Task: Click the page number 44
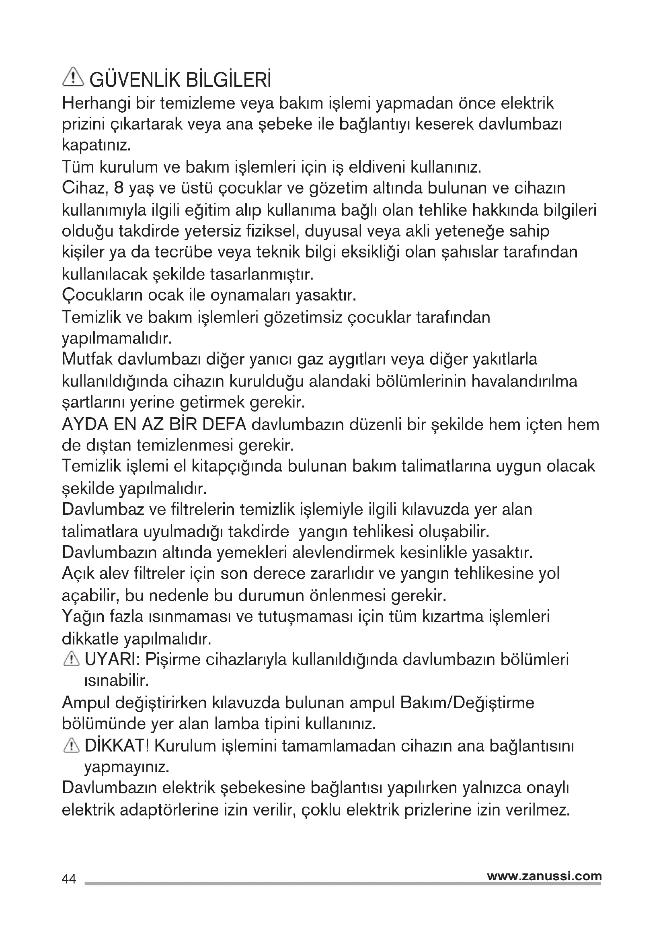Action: (x=69, y=879)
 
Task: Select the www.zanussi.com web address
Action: (x=544, y=876)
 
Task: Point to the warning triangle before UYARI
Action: (x=72, y=659)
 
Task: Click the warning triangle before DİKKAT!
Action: (x=72, y=746)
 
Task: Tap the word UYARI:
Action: (x=112, y=660)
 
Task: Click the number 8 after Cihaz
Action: (x=118, y=188)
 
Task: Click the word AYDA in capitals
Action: (x=84, y=424)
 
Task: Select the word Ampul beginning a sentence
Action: (x=86, y=703)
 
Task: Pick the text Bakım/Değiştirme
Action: (x=467, y=703)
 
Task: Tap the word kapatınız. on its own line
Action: (x=96, y=146)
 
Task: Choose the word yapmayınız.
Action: (x=127, y=767)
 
